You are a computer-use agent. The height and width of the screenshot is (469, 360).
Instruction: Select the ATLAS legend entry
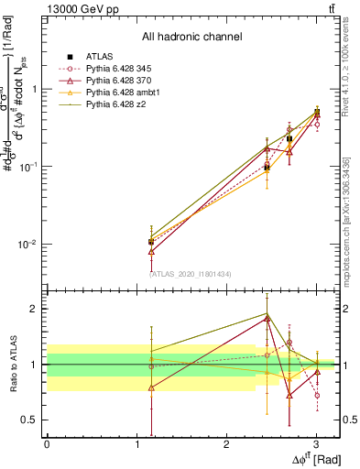coord(101,57)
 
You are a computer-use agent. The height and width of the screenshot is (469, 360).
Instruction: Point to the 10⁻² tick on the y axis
coord(27,245)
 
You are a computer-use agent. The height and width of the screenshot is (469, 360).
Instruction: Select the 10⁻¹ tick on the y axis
coord(27,167)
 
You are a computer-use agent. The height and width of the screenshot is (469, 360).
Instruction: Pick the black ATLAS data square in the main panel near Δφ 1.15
coord(151,242)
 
